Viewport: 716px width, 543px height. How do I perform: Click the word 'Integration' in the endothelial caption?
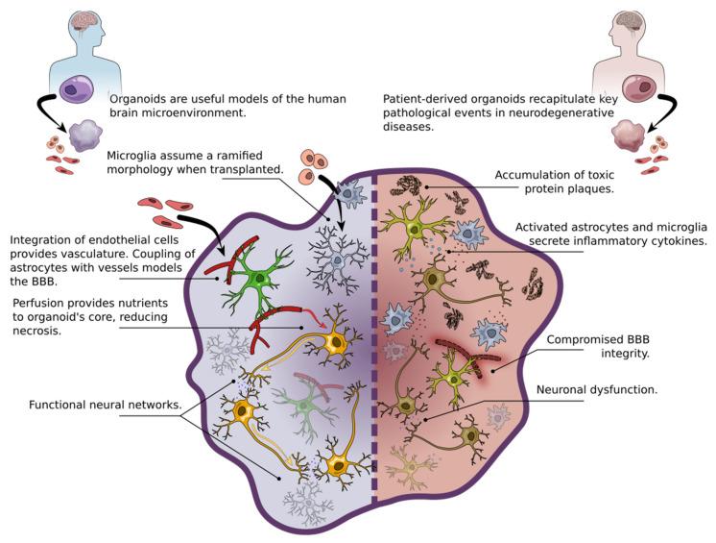click(x=42, y=238)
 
